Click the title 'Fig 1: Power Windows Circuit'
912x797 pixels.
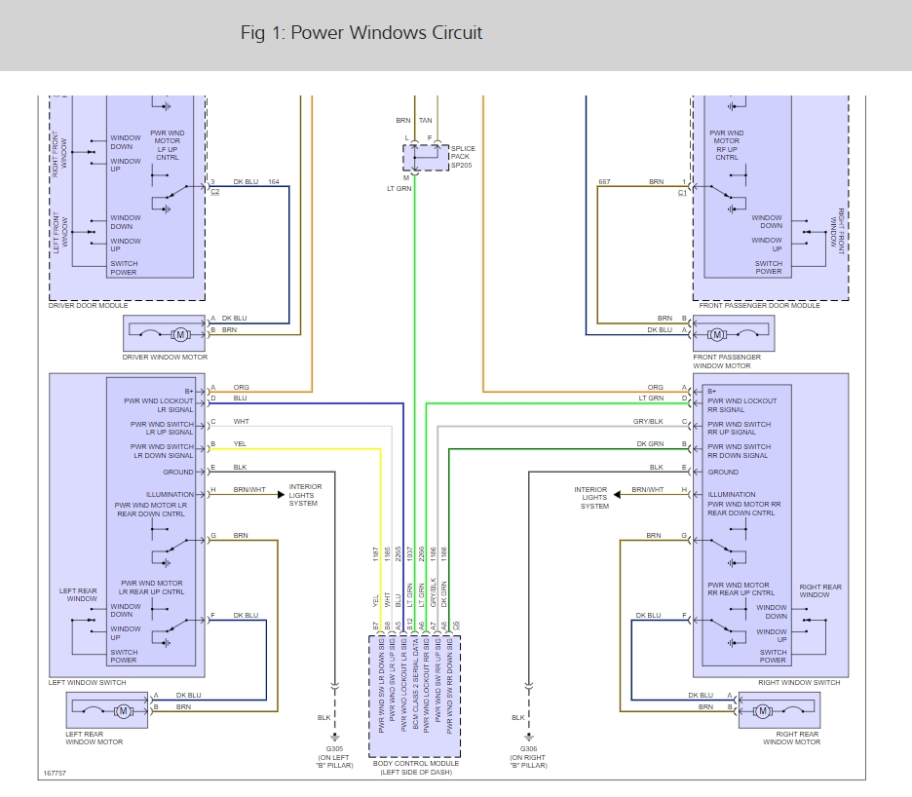pyautogui.click(x=361, y=33)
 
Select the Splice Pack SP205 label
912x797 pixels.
pyautogui.click(x=463, y=156)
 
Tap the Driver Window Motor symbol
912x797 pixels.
pyautogui.click(x=179, y=334)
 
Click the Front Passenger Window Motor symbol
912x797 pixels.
pyautogui.click(x=717, y=335)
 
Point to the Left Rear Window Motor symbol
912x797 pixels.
pyautogui.click(x=123, y=711)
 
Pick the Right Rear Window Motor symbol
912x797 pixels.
pyautogui.click(x=763, y=710)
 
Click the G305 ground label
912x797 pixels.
pyautogui.click(x=334, y=756)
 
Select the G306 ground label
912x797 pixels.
pyautogui.click(x=529, y=756)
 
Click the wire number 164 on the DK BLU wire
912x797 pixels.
pyautogui.click(x=273, y=181)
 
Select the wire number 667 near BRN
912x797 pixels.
pyautogui.click(x=604, y=181)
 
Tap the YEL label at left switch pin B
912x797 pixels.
pyautogui.click(x=240, y=444)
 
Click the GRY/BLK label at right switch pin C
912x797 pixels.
pyautogui.click(x=649, y=422)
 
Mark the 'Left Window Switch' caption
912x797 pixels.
pyautogui.click(x=87, y=682)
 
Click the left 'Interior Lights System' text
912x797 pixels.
pyautogui.click(x=305, y=495)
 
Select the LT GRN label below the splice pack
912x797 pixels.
pyautogui.click(x=399, y=188)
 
